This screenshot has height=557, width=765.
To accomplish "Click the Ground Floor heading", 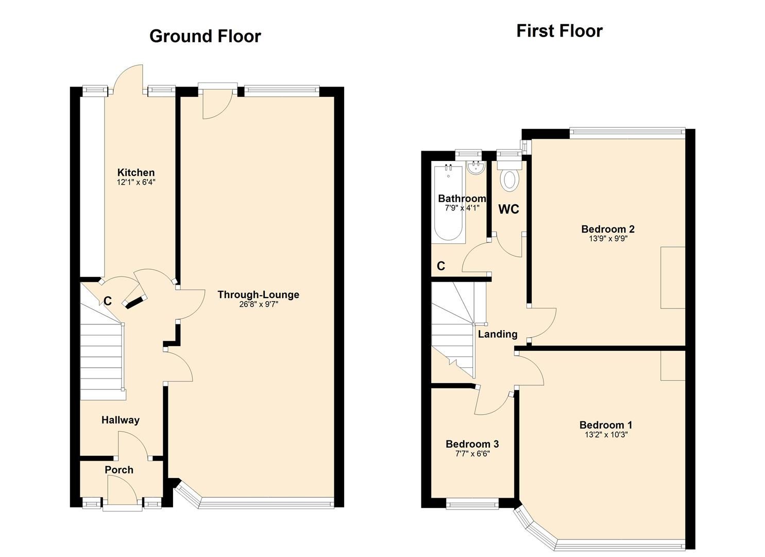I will click(x=205, y=36).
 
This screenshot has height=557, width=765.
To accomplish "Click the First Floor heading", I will click(x=559, y=31).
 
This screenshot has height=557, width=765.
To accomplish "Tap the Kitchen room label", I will click(x=136, y=172).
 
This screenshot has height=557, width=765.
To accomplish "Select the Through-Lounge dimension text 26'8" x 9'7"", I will click(x=258, y=304).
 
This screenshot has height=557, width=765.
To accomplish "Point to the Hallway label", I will click(x=120, y=420).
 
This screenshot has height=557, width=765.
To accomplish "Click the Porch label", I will click(x=119, y=470).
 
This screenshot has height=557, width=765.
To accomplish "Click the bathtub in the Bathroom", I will click(x=449, y=204).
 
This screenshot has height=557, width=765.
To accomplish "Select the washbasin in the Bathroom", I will click(x=475, y=167).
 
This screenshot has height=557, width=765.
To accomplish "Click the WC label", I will click(x=508, y=209).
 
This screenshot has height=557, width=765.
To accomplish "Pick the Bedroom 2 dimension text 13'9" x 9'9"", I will click(x=608, y=239).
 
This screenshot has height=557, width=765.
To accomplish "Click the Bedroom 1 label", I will click(x=606, y=425).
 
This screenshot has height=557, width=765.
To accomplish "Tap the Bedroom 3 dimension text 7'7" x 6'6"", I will click(x=472, y=454).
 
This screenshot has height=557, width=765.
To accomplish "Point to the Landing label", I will click(x=497, y=334).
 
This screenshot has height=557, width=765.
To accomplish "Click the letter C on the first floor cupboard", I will click(x=441, y=266).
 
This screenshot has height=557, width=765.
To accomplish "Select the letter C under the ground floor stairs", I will click(x=108, y=301).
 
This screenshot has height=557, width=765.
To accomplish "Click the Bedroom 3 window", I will click(x=472, y=503).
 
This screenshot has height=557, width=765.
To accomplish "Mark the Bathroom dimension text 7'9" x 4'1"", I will click(x=462, y=208).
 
